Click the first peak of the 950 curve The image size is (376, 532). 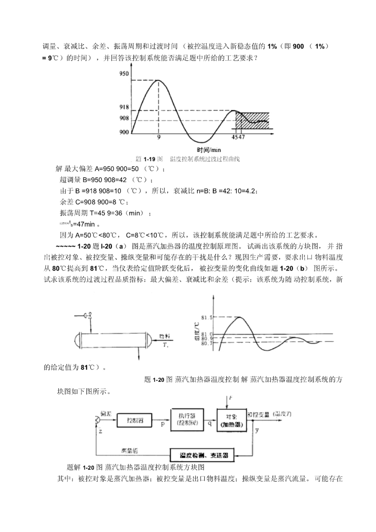pyautogui.click(x=159, y=80)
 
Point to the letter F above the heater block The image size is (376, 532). pyautogui.click(x=230, y=399)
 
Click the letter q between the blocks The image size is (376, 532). pyautogui.click(x=209, y=424)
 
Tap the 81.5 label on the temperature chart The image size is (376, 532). pyautogui.click(x=206, y=317)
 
